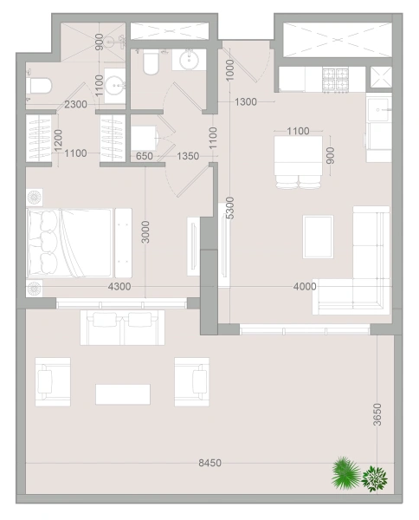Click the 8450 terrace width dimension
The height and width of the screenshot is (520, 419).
(209, 463)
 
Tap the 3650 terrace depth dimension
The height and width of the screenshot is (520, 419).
(377, 414)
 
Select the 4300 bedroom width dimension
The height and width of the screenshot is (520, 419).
(119, 286)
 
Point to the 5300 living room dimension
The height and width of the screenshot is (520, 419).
(230, 208)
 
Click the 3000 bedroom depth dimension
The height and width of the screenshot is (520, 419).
(145, 231)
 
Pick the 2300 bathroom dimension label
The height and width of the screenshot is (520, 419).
(75, 105)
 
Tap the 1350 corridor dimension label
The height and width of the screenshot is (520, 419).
(188, 156)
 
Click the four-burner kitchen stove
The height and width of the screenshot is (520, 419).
(335, 80)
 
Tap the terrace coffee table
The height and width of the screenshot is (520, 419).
(123, 394)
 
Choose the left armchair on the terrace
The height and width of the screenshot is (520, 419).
(53, 381)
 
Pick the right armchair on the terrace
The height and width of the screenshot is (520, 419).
(192, 381)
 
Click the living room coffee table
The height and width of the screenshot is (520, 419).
(318, 237)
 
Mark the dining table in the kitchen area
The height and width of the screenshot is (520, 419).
(298, 156)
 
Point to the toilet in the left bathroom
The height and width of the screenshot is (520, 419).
(40, 86)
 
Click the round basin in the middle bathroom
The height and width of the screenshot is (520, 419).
(189, 60)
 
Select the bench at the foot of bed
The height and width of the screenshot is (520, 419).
(123, 243)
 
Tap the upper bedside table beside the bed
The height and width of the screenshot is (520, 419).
(35, 198)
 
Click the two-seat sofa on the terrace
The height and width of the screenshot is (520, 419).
(122, 328)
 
